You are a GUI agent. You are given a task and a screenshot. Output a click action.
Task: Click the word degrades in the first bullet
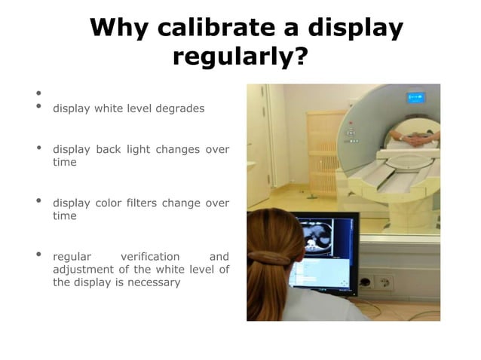pos(179,108)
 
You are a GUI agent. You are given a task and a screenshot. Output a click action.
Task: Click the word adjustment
pos(79,270)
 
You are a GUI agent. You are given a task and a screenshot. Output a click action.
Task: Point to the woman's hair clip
pos(268,258)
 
